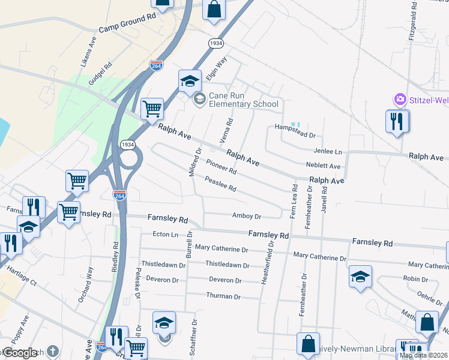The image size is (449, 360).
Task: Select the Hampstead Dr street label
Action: coord(295,127)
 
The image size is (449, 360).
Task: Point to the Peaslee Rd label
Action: coord(220,184)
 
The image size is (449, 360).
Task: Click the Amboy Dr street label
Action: coord(247,216)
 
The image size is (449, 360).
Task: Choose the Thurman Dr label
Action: coord(223,296)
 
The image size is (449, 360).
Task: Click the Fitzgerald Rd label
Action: coord(413,21)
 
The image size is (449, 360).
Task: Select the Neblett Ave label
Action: coord(326,166)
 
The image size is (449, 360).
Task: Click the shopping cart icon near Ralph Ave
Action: coord(152,109)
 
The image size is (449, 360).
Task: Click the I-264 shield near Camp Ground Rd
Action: coord(156,65)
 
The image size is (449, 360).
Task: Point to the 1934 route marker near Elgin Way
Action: coord(216,44)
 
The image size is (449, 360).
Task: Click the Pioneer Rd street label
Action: coord(221,167)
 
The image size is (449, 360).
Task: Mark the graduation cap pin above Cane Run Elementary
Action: coord(190,80)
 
